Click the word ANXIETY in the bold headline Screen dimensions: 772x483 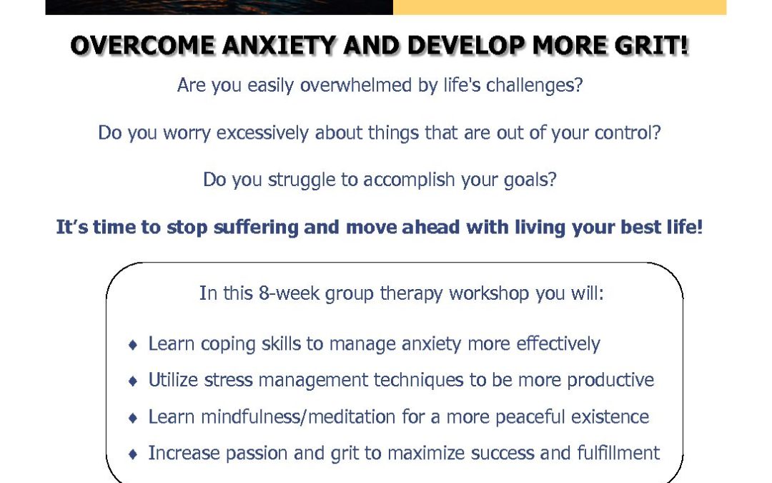(x=279, y=46)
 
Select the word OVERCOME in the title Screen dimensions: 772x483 (x=143, y=46)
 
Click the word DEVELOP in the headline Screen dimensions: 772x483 (x=466, y=46)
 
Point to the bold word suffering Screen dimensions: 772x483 (x=256, y=228)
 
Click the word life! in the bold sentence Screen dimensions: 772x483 (x=684, y=228)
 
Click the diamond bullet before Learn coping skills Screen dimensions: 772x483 (x=132, y=344)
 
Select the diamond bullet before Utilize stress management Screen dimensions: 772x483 (x=132, y=381)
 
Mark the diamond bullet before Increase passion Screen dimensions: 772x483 (x=132, y=454)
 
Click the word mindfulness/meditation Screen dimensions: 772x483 (x=298, y=417)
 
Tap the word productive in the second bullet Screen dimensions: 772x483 (x=610, y=381)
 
